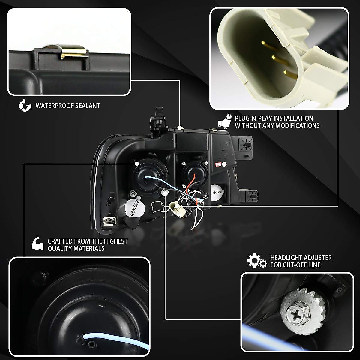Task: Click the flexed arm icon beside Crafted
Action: coord(38,244)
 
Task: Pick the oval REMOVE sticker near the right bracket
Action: coord(217,191)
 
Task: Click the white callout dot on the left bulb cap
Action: coord(137,164)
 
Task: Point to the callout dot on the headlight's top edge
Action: coord(180,127)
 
